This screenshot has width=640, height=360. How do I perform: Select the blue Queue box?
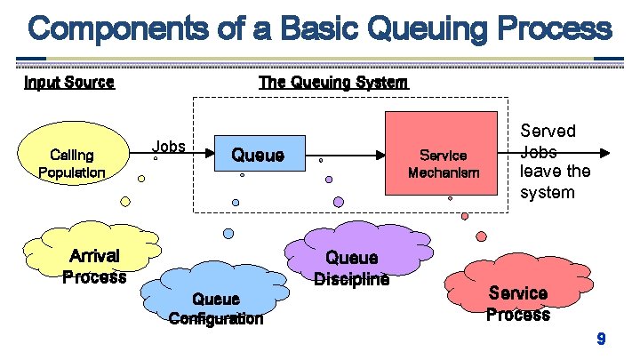(258, 156)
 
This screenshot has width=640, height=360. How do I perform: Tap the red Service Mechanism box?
(442, 153)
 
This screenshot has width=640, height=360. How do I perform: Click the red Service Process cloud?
(517, 298)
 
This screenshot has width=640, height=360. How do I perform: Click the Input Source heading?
(68, 83)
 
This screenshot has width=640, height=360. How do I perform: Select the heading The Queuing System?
(333, 83)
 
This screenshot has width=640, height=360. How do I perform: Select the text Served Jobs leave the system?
(548, 162)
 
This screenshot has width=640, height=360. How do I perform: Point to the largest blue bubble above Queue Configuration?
(228, 234)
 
